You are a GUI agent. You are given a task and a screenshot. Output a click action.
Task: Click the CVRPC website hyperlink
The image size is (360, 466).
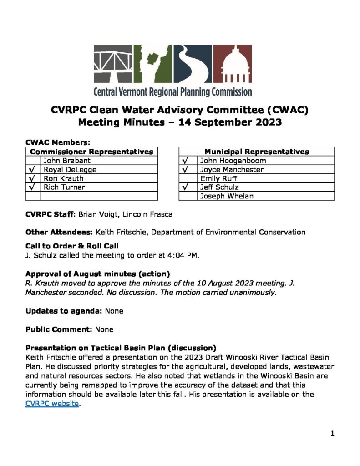tap(52, 403)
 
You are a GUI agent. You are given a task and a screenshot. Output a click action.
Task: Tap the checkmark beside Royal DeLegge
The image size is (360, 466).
tap(33, 170)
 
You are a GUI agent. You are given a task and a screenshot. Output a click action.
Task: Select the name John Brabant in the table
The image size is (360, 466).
tap(67, 161)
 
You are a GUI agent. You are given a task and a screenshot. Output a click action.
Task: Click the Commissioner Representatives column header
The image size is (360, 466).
tap(91, 152)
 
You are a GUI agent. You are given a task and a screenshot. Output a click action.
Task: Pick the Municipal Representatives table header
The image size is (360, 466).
tap(257, 152)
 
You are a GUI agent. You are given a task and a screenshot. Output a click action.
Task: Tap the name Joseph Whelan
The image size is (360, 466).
tap(227, 196)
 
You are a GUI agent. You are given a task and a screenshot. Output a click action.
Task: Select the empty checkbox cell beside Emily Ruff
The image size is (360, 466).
tap(188, 178)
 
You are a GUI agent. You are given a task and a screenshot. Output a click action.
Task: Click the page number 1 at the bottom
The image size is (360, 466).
tap(332, 433)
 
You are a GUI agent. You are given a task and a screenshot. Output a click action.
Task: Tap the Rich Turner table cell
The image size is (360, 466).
tap(64, 187)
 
